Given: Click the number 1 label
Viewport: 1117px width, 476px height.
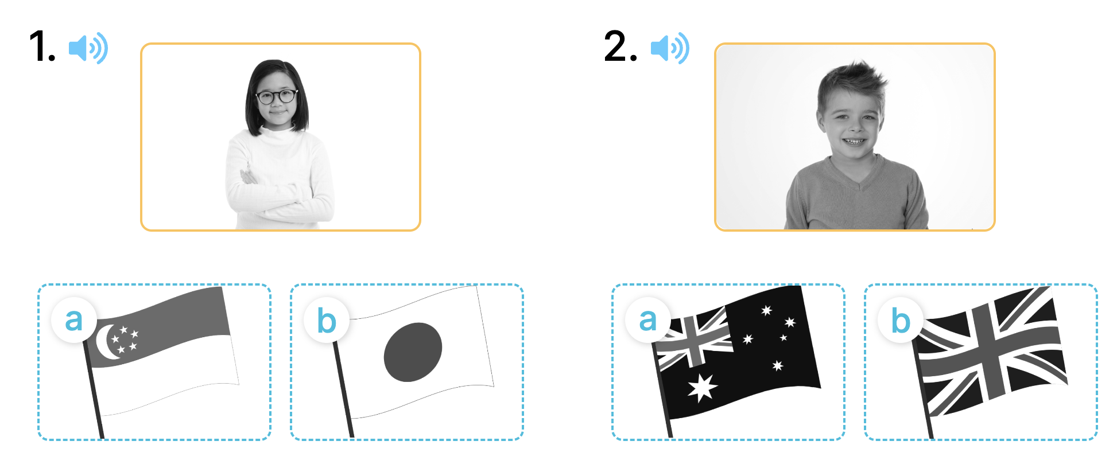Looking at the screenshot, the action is (42, 46).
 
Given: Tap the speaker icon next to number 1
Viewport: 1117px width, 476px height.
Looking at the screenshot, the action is (88, 48).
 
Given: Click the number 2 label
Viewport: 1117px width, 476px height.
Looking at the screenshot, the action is (620, 46).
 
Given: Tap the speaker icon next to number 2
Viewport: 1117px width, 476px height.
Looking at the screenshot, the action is (670, 48).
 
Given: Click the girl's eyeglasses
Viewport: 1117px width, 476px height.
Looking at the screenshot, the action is (277, 96).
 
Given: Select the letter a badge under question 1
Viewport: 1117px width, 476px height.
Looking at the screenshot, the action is (74, 320).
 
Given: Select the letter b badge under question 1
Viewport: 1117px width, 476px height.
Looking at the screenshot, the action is (327, 320).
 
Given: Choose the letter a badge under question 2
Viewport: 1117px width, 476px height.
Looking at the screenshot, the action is (648, 320).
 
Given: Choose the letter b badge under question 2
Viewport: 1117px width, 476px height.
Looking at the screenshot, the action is (901, 320).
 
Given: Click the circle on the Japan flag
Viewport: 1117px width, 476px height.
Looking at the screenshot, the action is (413, 352).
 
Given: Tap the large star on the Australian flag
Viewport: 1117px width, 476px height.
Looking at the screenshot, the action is (702, 388).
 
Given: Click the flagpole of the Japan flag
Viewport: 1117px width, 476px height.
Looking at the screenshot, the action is (343, 389).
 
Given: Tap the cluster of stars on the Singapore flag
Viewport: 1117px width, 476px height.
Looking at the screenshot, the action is (125, 339).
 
